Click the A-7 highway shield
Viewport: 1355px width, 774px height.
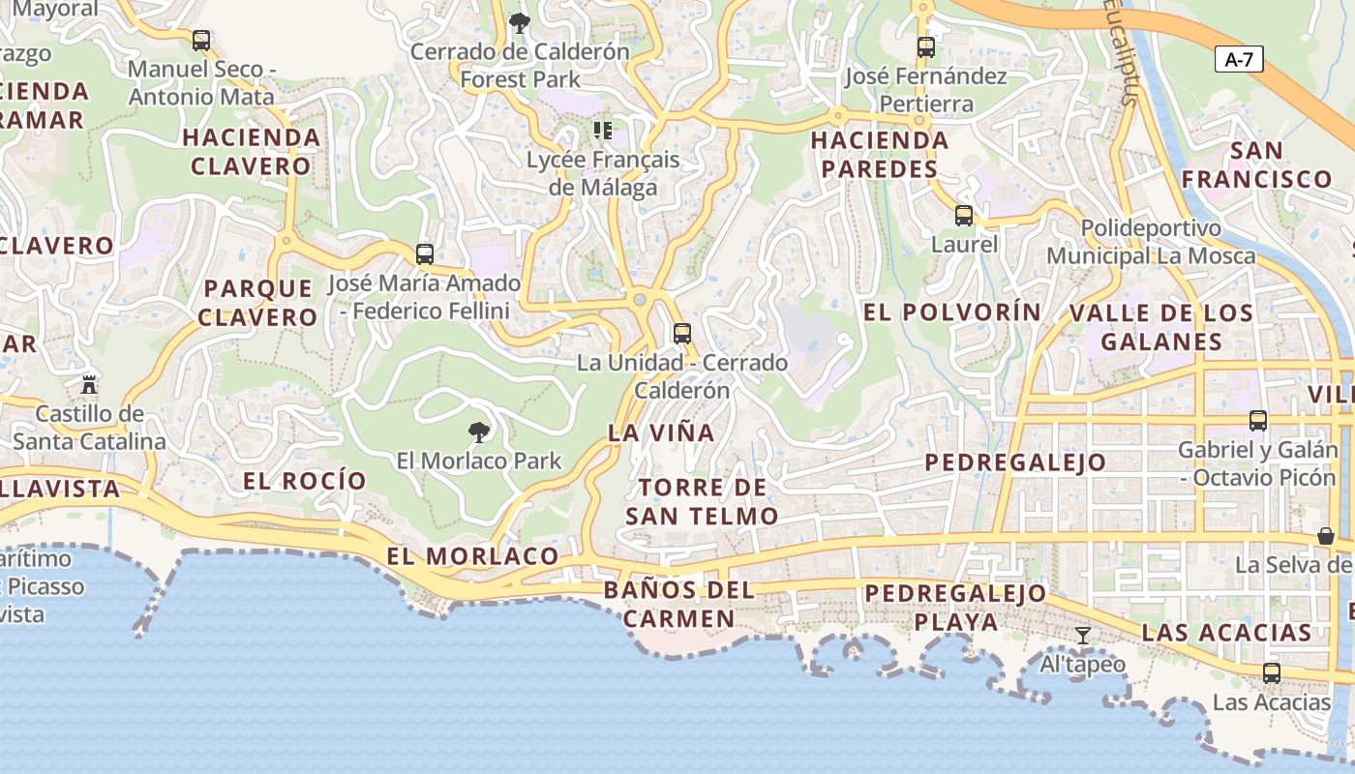[x=1239, y=59]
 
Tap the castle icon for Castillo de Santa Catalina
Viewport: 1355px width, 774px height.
[x=89, y=384]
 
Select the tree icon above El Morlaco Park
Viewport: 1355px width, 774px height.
[x=478, y=432]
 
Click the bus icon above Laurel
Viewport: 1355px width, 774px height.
[x=964, y=216]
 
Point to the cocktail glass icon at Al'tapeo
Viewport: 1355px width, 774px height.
[x=1083, y=636]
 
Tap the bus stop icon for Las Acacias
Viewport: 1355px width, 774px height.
[x=1272, y=672]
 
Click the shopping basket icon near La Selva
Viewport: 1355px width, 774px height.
[x=1325, y=536]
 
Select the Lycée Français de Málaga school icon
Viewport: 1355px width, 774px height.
[x=603, y=130]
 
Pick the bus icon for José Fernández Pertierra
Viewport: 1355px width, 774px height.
[x=926, y=46]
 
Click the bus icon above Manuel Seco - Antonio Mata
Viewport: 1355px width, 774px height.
[x=201, y=41]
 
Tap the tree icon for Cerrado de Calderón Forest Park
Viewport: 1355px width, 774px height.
[x=520, y=22]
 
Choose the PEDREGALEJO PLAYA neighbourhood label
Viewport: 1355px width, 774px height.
[x=955, y=607]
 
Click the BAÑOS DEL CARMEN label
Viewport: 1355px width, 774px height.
[x=678, y=604]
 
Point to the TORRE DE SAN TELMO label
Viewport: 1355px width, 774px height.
[x=702, y=501]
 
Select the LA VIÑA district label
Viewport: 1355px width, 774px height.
[x=662, y=432]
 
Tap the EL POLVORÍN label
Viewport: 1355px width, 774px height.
[x=951, y=313]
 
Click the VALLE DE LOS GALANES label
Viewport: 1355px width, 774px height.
[x=1160, y=327]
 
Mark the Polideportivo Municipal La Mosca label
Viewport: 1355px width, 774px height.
[x=1151, y=242]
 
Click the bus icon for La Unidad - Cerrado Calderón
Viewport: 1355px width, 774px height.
[x=682, y=334]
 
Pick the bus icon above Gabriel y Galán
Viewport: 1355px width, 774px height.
[x=1258, y=421]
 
